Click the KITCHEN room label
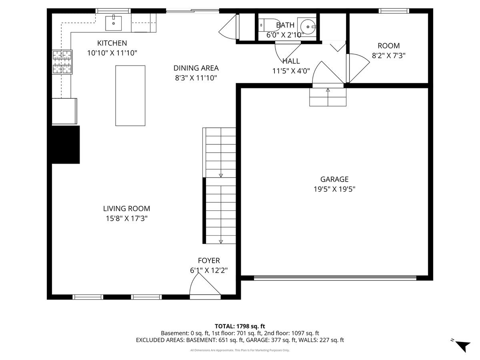point(112,43)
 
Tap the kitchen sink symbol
point(114,23)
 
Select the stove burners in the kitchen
point(62,62)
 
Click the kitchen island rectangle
point(130,96)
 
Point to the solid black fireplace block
point(66,144)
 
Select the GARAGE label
point(334,180)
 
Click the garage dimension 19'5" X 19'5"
point(334,189)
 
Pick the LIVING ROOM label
point(126,208)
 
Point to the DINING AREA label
point(196,68)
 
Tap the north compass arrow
point(463,345)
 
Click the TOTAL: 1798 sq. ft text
point(240,326)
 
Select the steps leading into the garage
point(328,97)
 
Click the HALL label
point(291,62)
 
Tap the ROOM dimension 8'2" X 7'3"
point(388,56)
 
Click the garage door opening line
point(335,278)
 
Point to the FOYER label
point(209,261)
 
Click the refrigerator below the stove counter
point(64,111)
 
